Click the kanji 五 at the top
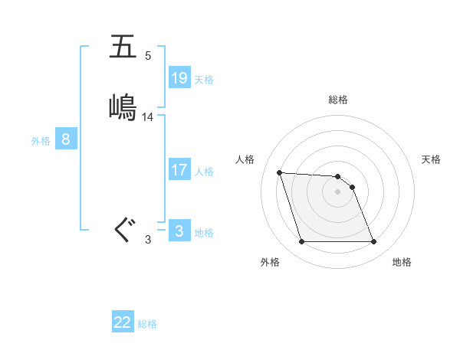123,47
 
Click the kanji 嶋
123,106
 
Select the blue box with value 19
179,77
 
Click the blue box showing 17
179,169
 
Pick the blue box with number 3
179,231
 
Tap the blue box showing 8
66,139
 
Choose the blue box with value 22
123,322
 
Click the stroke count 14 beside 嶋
148,117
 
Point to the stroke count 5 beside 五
147,56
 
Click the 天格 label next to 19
204,80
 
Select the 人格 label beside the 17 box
204,172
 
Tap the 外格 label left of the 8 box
41,141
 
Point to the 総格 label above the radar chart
338,100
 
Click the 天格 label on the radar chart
432,159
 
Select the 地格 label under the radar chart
402,262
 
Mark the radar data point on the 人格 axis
280,172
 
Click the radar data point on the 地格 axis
373,242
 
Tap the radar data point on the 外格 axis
301,242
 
